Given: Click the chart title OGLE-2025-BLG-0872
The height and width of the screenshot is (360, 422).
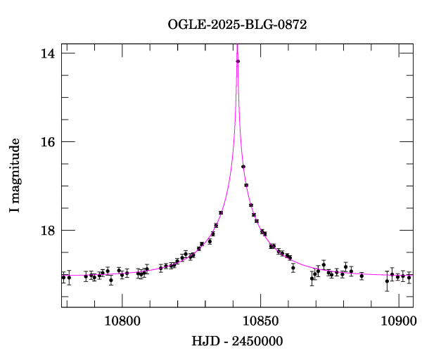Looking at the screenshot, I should coord(237,25).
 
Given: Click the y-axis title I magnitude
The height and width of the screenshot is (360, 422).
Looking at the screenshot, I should coord(15,176).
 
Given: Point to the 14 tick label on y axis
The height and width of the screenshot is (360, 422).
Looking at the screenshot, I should coord(48,53).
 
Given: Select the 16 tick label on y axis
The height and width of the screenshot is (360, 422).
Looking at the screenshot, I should coord(48,141).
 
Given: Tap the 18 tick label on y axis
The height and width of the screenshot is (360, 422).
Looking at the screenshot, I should coord(48,230).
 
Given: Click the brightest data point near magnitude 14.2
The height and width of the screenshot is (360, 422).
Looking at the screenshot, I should coord(238,61).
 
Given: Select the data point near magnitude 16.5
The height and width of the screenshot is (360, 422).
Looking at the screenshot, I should coord(243,167).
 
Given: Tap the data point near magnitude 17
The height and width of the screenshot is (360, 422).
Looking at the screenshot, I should coord(246,185).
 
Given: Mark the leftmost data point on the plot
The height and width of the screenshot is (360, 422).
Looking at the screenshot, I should coord(63,277).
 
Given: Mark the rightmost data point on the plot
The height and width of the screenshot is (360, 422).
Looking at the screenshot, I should coord(409,278).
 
